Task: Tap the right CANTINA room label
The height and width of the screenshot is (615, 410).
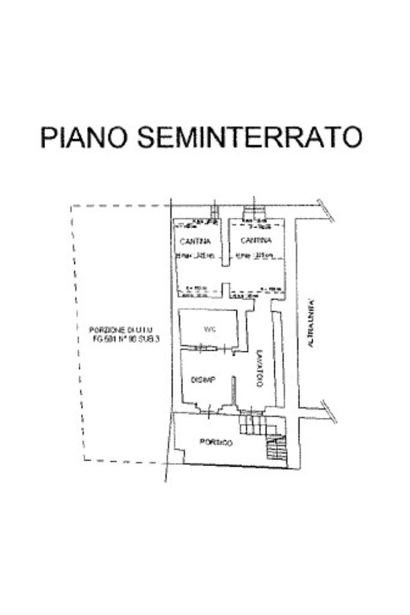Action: tap(256, 241)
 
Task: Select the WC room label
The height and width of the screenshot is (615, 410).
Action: tap(210, 329)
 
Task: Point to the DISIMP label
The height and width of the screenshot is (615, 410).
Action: tap(203, 380)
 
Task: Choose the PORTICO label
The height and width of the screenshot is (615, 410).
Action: tap(216, 443)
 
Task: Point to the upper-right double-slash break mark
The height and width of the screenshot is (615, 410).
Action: tap(327, 210)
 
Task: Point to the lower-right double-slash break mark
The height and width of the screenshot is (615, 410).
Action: tap(329, 411)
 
